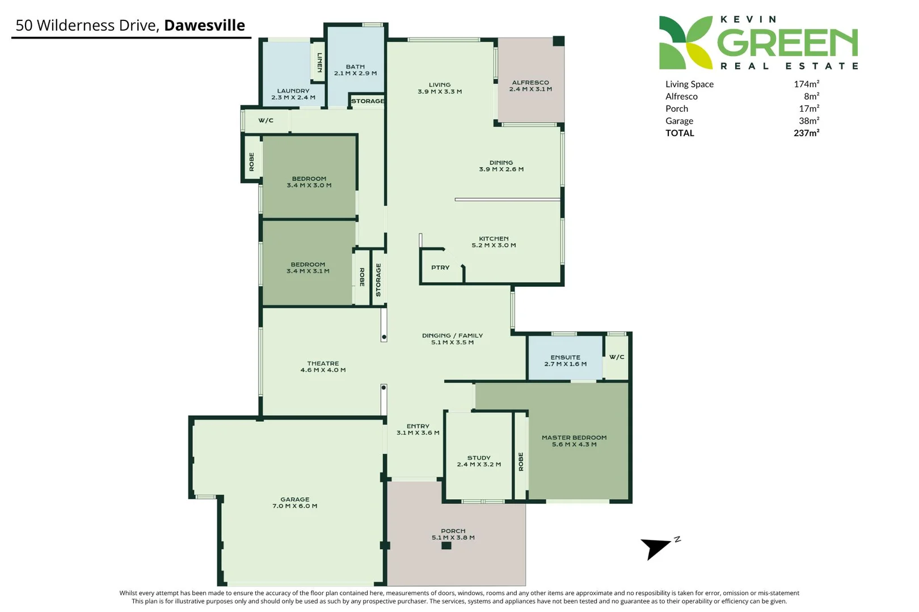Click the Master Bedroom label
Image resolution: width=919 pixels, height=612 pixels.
(574, 441)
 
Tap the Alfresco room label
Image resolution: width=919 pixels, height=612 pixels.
(530, 86)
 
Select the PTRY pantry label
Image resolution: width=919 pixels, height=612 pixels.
(440, 267)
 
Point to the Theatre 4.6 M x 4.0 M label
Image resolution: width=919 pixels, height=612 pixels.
(323, 367)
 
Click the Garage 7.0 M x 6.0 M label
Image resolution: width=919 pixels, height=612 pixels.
(294, 503)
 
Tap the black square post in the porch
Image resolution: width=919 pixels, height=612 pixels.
(446, 546)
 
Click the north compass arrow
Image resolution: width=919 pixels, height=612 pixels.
(656, 547)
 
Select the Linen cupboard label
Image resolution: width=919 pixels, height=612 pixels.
(319, 62)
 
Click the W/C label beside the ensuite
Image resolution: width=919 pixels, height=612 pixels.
(617, 357)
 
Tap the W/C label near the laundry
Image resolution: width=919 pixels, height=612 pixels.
(265, 121)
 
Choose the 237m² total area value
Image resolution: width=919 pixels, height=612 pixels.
(806, 133)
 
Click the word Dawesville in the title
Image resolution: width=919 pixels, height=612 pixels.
(204, 25)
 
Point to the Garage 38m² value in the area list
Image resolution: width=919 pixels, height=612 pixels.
(808, 121)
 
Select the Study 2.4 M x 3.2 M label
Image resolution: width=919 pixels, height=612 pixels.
(479, 461)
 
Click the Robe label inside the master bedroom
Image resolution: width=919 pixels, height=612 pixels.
(521, 461)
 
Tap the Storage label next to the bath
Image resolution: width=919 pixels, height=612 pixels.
(368, 101)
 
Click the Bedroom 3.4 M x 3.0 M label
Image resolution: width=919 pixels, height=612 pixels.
(309, 182)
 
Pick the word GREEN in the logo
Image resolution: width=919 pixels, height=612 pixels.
(787, 42)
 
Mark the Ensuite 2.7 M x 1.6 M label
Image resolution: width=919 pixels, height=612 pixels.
(565, 360)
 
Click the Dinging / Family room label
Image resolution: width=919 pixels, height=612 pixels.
(452, 339)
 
